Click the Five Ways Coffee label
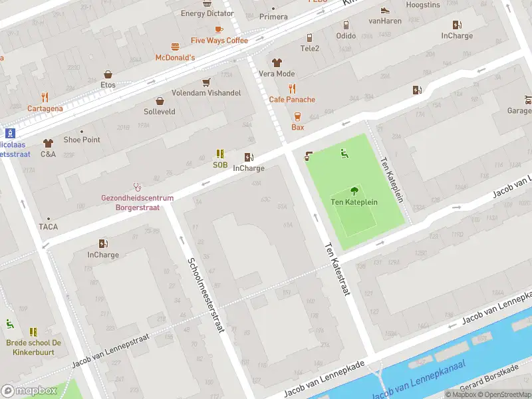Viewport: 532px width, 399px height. point(219,41)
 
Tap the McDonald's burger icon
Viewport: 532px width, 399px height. point(175,47)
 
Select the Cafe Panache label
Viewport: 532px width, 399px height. point(292,100)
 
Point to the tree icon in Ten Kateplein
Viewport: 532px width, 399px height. point(354,190)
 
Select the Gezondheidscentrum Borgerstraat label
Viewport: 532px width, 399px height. point(137,203)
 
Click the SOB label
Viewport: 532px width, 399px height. point(220,165)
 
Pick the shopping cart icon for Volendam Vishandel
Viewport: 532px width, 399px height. point(206,82)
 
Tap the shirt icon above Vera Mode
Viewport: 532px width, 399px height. point(277,63)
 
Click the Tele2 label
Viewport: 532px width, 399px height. point(310,49)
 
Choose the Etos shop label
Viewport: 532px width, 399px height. point(108,85)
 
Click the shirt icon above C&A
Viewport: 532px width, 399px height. point(48,143)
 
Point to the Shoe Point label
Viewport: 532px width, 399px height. point(82,140)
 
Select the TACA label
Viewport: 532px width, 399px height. point(48,227)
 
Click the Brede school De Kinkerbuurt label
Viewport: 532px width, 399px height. point(34,347)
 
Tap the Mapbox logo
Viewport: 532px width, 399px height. point(29,390)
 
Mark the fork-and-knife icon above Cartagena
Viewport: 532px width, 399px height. point(45,97)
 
